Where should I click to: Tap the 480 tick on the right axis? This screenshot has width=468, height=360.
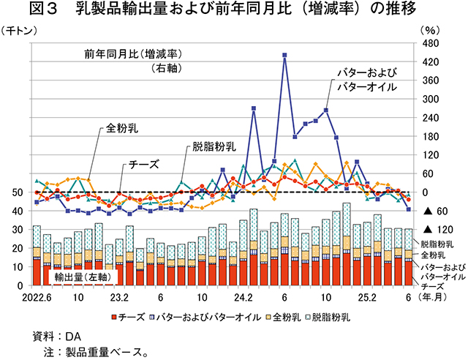(x=430, y=44)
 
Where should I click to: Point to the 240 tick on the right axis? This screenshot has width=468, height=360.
(x=430, y=118)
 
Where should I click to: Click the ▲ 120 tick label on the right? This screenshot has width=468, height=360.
(x=432, y=230)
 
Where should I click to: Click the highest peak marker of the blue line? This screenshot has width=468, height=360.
(x=284, y=55)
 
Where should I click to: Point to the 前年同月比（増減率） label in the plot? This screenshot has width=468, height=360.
(x=133, y=55)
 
